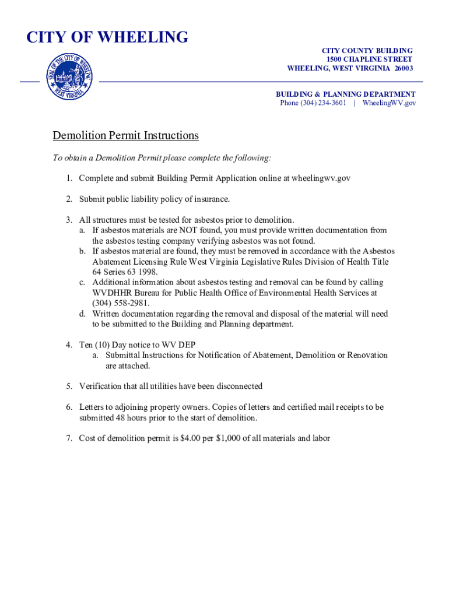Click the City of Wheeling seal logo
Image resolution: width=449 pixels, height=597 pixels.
(x=69, y=76)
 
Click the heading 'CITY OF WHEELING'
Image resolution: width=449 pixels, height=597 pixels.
(x=107, y=37)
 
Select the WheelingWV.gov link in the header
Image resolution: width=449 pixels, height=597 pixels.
(x=390, y=103)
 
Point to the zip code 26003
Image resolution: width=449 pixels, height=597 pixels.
(x=402, y=68)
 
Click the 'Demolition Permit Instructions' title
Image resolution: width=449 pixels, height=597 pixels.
(x=125, y=136)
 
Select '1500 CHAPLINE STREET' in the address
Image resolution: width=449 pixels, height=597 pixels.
(x=370, y=59)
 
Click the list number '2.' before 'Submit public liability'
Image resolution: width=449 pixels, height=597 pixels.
(x=69, y=199)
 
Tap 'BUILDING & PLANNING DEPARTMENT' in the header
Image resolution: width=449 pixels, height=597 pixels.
(x=345, y=94)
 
